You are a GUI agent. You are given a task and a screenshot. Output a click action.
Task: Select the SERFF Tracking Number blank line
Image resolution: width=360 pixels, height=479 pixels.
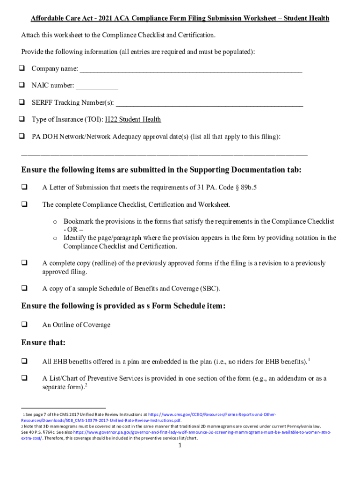click(x=209, y=104)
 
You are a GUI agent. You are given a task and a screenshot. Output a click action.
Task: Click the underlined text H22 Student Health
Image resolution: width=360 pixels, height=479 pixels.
click(x=133, y=120)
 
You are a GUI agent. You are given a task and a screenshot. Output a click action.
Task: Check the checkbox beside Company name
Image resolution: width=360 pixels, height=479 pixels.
click(x=22, y=69)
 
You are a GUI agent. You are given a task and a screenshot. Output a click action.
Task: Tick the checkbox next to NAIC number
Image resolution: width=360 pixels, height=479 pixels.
click(x=22, y=86)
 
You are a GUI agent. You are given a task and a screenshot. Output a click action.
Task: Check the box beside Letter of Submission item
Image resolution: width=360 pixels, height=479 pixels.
click(x=24, y=188)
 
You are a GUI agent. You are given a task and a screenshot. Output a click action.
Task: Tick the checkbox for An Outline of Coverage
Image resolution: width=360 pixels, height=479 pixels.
click(x=24, y=325)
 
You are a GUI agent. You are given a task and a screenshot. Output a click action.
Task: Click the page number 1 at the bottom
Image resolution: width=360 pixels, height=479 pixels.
click(x=180, y=445)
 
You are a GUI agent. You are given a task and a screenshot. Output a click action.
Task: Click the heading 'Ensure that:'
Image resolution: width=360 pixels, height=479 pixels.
click(x=43, y=343)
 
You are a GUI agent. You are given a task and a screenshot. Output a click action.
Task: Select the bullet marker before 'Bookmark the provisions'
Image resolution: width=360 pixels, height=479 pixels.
click(x=55, y=222)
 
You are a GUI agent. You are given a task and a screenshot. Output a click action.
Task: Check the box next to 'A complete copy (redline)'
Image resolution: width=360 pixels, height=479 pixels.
click(x=24, y=263)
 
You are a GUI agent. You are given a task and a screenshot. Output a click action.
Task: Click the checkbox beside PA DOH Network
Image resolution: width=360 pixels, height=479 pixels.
click(x=22, y=137)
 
